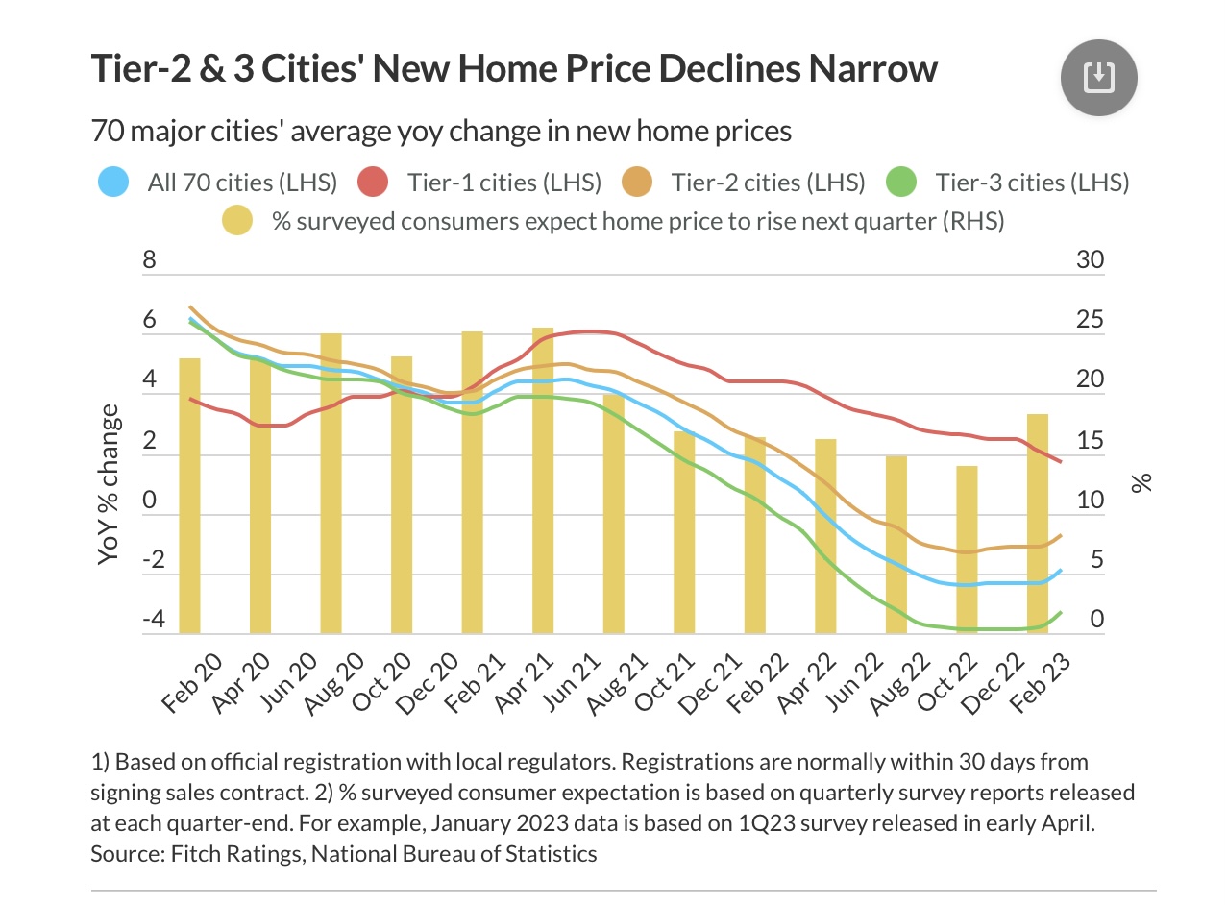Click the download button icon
point(1098,77)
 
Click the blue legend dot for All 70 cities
point(114,182)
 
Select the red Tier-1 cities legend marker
point(374,182)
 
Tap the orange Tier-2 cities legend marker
point(638,182)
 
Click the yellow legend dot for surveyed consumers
point(237,222)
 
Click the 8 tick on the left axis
point(149,261)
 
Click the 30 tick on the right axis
point(1090,261)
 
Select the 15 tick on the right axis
point(1090,441)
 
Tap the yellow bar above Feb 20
point(189,495)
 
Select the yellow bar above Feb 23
point(1037,524)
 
